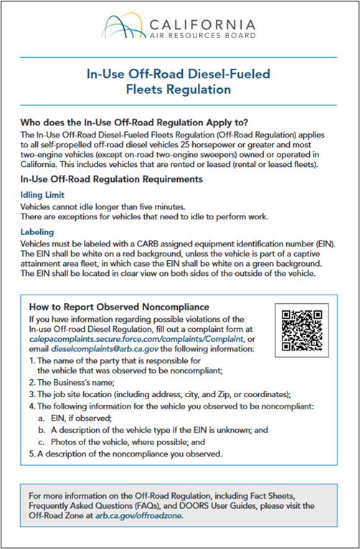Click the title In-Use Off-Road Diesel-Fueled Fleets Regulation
179,81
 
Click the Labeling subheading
40,232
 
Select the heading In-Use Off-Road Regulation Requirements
112,178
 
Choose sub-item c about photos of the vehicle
124,441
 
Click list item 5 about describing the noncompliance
125,454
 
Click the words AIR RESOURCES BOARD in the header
202,34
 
